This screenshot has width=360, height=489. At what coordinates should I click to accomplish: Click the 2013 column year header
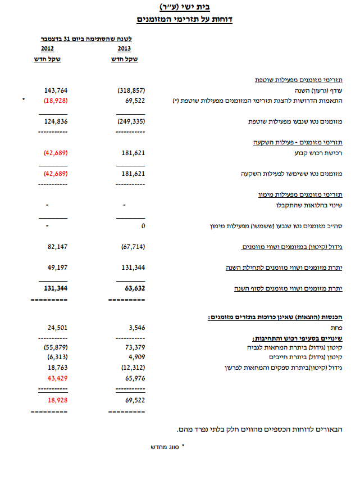click(123, 49)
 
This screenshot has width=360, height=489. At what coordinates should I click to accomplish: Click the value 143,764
click(56, 90)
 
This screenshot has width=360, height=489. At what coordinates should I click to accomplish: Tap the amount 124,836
click(56, 121)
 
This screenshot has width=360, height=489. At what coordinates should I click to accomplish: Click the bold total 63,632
click(133, 288)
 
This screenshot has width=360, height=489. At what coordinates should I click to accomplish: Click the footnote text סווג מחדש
click(163, 447)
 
